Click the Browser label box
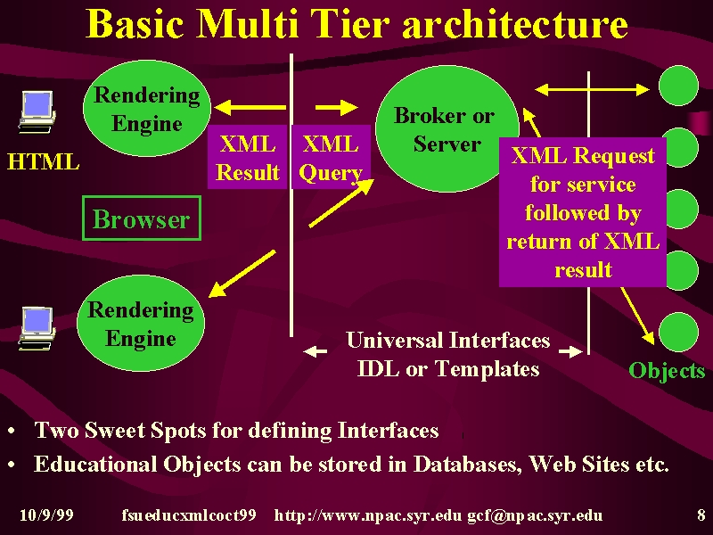(x=142, y=218)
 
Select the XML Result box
(x=248, y=157)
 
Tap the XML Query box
(x=331, y=157)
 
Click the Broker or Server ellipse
(x=447, y=128)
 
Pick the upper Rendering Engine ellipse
(x=147, y=108)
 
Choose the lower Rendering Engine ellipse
(x=141, y=324)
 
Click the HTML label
(x=43, y=162)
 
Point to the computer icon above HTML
(x=37, y=112)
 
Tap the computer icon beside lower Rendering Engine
(x=37, y=328)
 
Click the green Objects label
(x=667, y=371)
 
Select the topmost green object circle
(x=678, y=86)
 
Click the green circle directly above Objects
(x=678, y=332)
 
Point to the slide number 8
(x=701, y=515)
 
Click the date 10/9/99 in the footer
(x=46, y=515)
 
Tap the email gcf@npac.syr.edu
(x=536, y=515)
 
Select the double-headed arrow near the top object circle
(x=592, y=90)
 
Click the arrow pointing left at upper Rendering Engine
(x=250, y=108)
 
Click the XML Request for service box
(x=583, y=212)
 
